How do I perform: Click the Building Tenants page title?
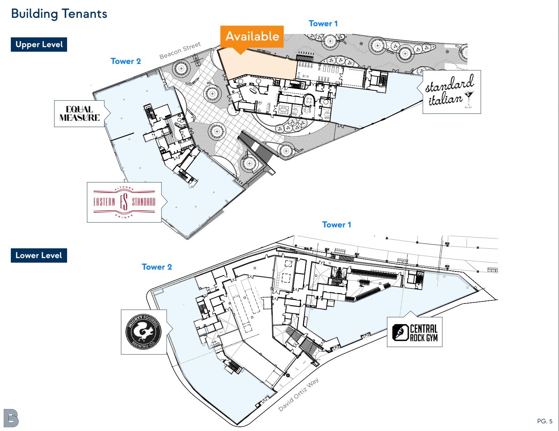59,14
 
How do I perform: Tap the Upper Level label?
39,44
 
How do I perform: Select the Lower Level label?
39,255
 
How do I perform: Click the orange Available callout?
252,37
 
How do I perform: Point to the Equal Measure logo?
80,114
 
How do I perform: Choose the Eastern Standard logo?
124,202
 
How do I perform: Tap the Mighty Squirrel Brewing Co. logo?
144,332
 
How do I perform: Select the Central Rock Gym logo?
415,332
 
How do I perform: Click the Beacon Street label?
180,50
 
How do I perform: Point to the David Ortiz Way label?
299,394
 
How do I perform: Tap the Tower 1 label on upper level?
323,24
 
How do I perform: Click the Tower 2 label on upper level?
125,61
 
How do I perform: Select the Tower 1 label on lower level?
336,225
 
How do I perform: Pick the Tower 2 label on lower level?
157,267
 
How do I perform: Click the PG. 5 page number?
545,421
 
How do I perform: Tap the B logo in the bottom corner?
11,418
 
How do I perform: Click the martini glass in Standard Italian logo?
469,99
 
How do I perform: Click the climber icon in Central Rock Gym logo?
400,332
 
